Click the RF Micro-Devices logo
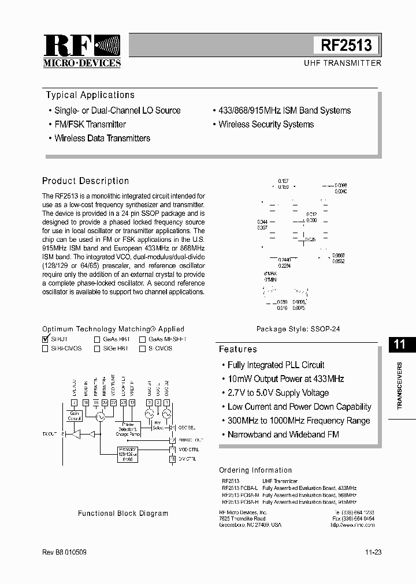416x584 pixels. point(82,51)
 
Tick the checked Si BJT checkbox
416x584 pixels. point(46,339)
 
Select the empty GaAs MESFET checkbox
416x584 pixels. point(142,339)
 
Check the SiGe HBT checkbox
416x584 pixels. point(97,349)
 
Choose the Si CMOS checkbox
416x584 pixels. point(142,349)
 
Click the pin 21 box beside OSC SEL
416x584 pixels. point(172,428)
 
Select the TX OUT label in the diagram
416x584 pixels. point(50,433)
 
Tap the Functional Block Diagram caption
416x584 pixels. point(123,513)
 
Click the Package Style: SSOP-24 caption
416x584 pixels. point(298,329)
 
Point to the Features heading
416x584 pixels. point(238,349)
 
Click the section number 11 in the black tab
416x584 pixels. point(400,345)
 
